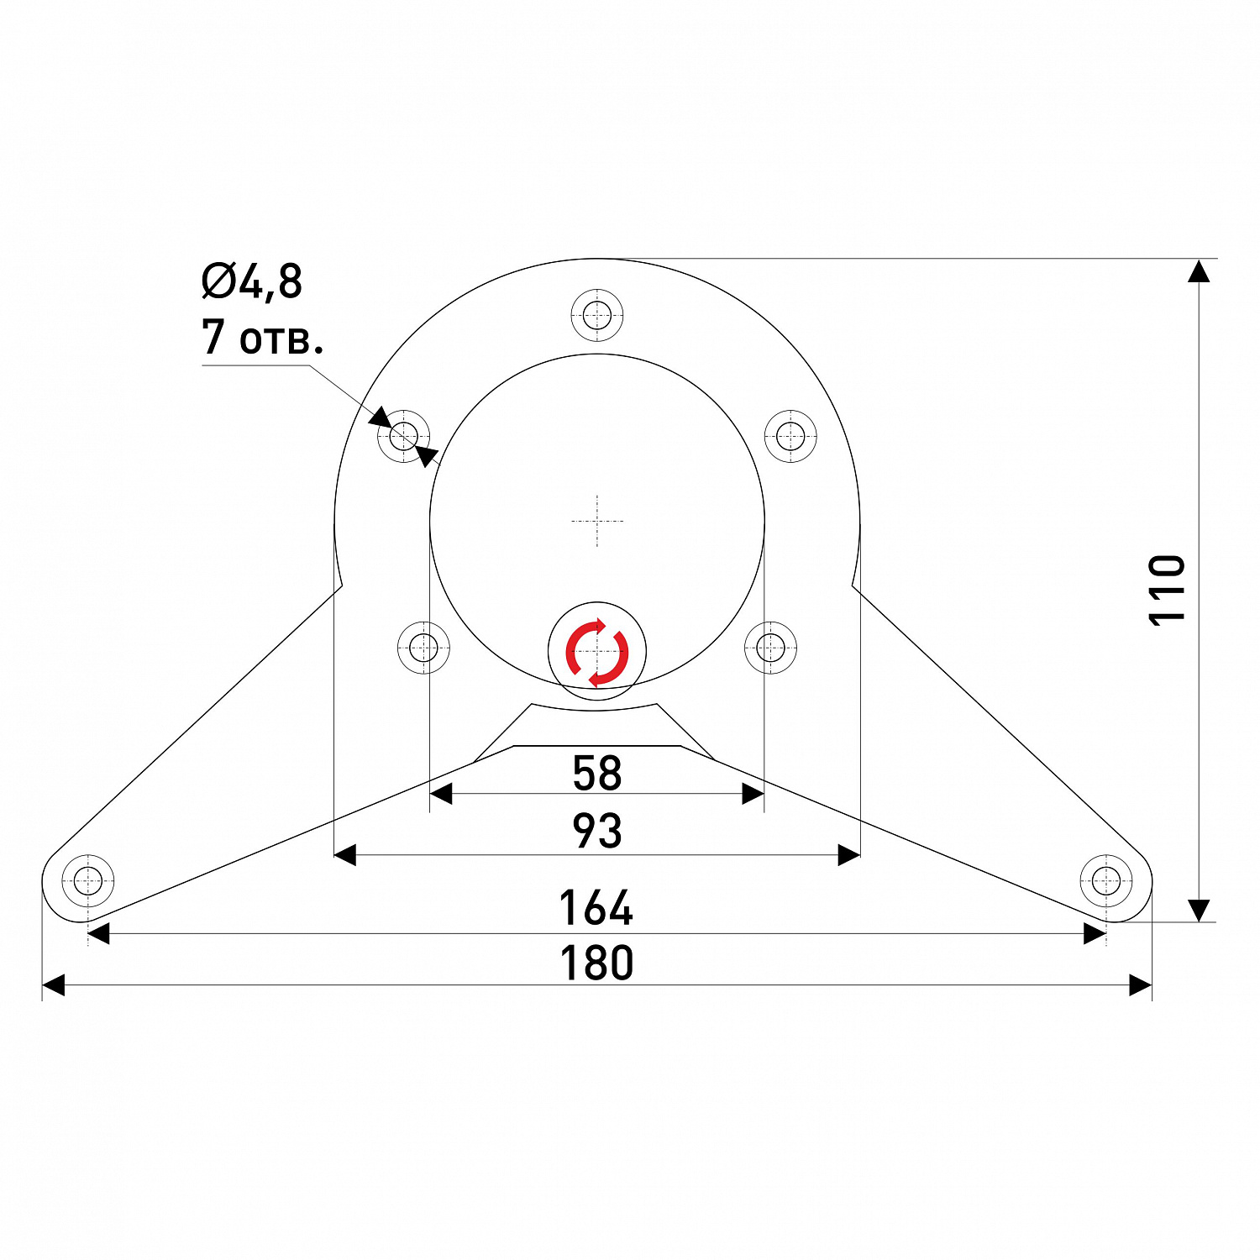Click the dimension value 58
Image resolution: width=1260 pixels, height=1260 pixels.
click(596, 773)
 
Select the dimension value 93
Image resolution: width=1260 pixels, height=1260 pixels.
click(596, 831)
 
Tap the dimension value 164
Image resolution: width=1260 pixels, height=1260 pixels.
click(596, 908)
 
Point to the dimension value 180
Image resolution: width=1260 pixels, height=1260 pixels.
click(596, 963)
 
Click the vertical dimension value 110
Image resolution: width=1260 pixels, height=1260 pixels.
click(1167, 590)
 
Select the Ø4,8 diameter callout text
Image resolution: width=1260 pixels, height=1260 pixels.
click(252, 281)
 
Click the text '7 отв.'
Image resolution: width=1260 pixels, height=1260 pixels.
click(262, 337)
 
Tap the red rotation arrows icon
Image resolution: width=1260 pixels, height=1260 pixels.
click(597, 653)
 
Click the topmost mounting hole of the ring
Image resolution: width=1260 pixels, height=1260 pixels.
click(597, 317)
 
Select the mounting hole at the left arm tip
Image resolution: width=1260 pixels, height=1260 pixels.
click(88, 881)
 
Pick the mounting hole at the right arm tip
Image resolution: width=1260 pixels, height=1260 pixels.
click(1105, 881)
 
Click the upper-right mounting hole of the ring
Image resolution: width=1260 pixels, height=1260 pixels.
click(790, 436)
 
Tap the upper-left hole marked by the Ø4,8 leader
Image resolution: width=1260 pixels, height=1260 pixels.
click(404, 436)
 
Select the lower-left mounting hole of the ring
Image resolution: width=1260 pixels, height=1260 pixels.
click(423, 648)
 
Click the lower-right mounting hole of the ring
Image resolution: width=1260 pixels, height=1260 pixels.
click(771, 648)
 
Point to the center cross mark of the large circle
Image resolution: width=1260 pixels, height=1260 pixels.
click(597, 522)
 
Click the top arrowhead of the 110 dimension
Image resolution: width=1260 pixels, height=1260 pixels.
click(1200, 270)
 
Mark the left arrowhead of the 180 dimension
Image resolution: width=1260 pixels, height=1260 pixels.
click(54, 985)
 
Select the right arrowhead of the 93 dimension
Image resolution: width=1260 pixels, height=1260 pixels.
click(849, 855)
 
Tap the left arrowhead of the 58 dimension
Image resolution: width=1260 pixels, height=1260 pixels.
click(441, 794)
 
